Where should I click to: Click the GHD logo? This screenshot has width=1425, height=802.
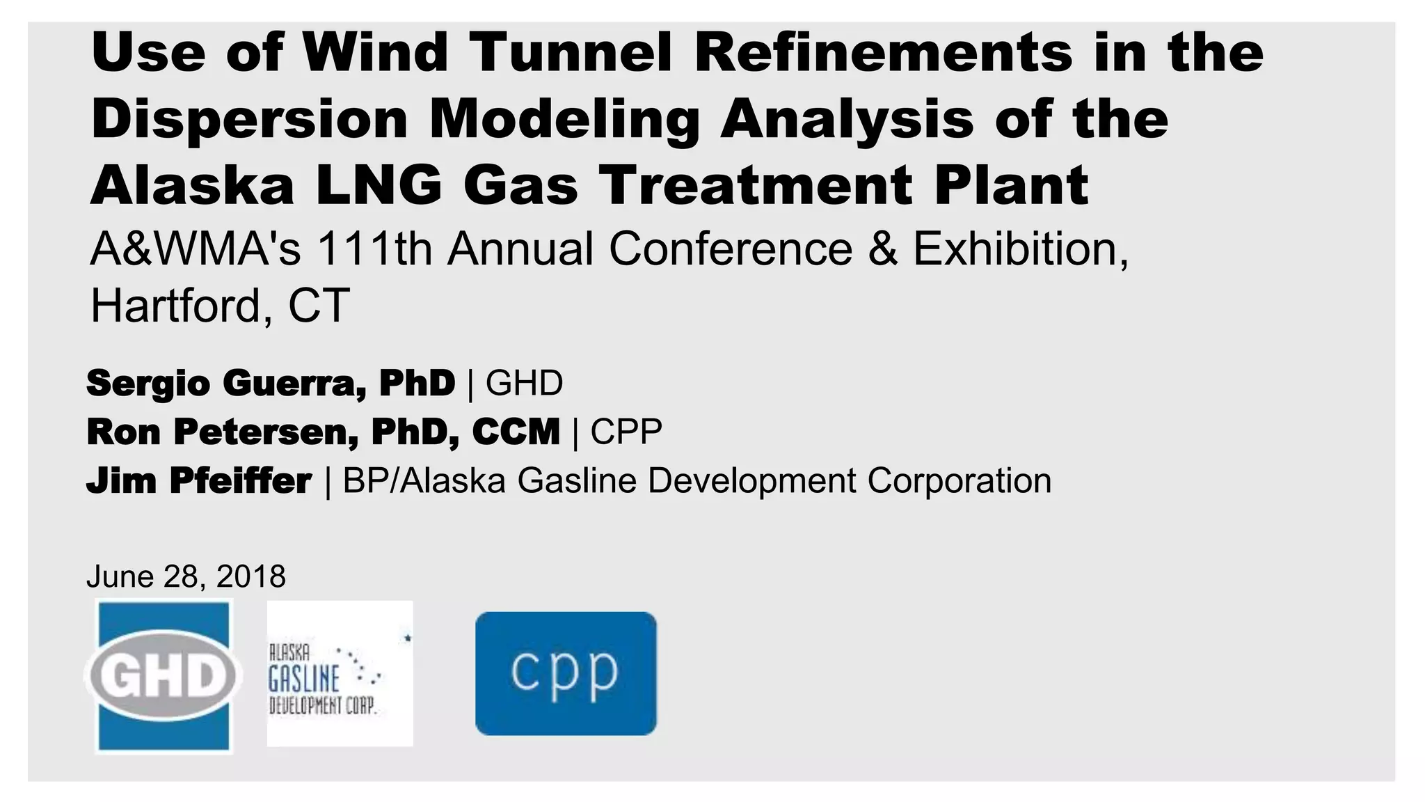pyautogui.click(x=164, y=675)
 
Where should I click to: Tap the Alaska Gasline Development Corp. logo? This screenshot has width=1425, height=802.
pyautogui.click(x=340, y=674)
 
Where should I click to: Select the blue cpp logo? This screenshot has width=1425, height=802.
pyautogui.click(x=566, y=673)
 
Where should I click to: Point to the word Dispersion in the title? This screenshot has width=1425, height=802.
pyautogui.click(x=249, y=119)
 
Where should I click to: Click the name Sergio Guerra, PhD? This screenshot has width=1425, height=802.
pyautogui.click(x=271, y=383)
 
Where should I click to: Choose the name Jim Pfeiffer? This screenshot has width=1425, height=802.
pyautogui.click(x=199, y=481)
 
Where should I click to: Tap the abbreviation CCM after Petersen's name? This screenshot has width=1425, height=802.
pyautogui.click(x=516, y=432)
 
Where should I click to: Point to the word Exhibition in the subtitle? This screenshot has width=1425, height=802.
pyautogui.click(x=1020, y=249)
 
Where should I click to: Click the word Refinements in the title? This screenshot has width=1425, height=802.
pyautogui.click(x=884, y=53)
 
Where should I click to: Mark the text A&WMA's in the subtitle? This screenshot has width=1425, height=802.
pyautogui.click(x=196, y=249)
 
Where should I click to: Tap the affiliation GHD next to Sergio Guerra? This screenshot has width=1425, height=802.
pyautogui.click(x=524, y=383)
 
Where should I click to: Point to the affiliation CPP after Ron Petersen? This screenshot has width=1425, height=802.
pyautogui.click(x=626, y=432)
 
